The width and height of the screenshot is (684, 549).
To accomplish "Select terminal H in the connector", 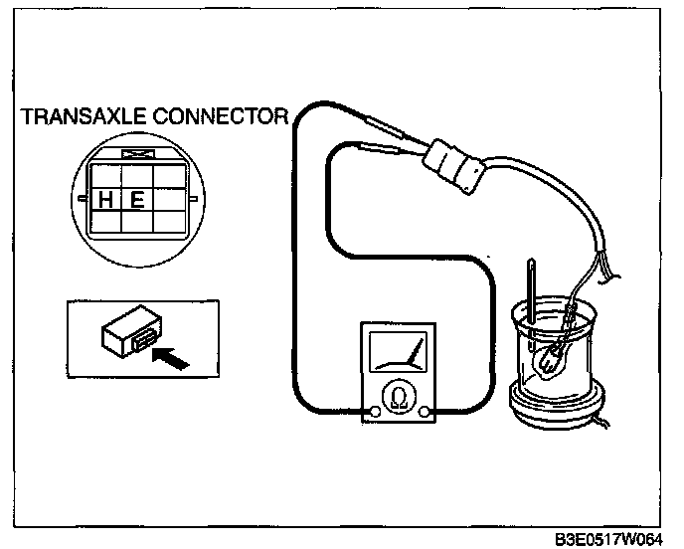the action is pyautogui.click(x=105, y=199).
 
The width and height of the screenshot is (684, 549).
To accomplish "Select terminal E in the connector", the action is pyautogui.click(x=137, y=199).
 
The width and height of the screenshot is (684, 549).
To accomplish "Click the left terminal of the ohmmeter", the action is pyautogui.click(x=375, y=412).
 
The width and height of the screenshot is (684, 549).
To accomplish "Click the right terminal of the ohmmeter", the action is pyautogui.click(x=425, y=412).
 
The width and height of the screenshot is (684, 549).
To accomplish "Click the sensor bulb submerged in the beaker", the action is pyautogui.click(x=553, y=360).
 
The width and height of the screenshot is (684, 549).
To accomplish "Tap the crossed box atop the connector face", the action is pyautogui.click(x=133, y=155).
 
